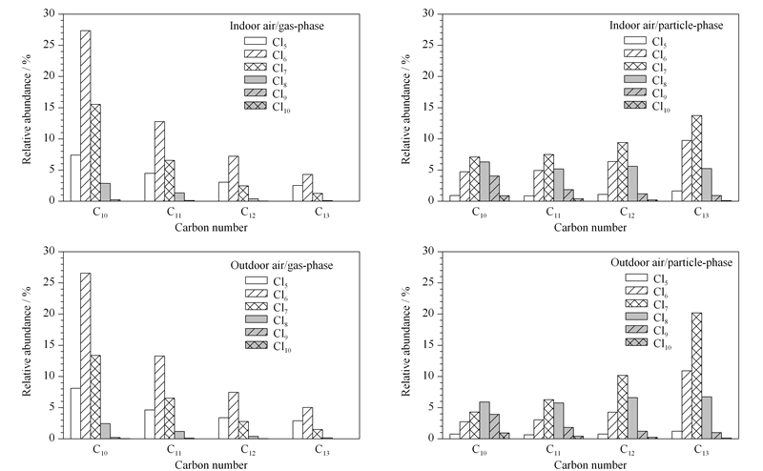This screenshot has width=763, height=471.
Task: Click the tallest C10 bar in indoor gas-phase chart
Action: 85,115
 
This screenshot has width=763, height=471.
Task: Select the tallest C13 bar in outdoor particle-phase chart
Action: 696,376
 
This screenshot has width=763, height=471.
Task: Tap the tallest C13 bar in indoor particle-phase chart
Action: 696,158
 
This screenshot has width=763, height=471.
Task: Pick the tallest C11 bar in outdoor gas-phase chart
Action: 159,397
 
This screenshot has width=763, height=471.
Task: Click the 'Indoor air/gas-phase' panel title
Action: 277,26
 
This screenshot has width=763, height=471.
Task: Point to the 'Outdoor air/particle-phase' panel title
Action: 671,262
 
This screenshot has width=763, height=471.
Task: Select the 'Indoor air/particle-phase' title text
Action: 666,25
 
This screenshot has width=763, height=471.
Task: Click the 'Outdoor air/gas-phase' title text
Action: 281,265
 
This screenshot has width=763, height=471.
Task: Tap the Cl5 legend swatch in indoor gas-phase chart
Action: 256,41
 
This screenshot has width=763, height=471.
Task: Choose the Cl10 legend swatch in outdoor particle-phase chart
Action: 636,342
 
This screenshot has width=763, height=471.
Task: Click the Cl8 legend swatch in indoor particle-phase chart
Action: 635,79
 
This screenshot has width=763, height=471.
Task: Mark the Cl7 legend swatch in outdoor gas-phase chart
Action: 256,306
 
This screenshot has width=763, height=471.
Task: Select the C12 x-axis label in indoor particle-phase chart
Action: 628,213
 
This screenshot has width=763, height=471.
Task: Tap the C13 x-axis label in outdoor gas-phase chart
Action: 322,450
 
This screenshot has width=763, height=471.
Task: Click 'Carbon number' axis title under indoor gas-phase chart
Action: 211,227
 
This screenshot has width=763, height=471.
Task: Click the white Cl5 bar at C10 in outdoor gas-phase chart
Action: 75,413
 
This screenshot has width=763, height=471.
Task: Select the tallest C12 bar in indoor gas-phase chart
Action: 234,178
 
